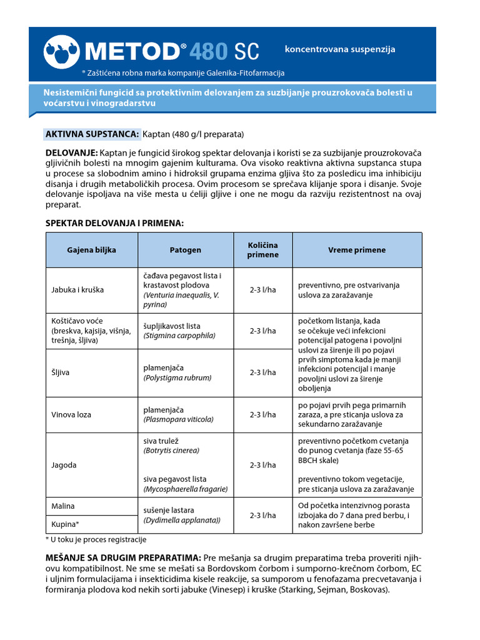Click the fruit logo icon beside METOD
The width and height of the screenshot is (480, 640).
coord(61,51)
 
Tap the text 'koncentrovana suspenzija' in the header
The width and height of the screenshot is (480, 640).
coord(340,49)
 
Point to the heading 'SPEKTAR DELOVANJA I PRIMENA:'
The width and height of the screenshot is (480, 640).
coord(114,223)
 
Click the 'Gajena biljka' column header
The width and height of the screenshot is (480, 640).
coord(91,250)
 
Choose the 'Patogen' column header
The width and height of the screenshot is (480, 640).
coord(186,250)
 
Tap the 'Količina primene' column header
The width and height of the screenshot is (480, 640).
coord(262,250)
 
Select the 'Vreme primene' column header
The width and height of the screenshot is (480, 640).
coord(357,250)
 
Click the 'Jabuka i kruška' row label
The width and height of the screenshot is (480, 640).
coord(77,290)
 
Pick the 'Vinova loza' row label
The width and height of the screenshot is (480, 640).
coord(71,414)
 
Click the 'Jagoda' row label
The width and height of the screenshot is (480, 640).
coord(64,465)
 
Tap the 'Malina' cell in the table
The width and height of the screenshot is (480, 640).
coord(62,506)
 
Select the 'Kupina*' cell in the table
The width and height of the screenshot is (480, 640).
coord(65,524)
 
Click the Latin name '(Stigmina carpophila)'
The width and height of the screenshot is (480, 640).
coord(179,336)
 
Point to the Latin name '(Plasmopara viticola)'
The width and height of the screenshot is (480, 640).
coord(178,419)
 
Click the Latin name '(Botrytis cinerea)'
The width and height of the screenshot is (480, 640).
coord(171,450)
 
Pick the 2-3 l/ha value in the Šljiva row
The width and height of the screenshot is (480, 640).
coord(262,372)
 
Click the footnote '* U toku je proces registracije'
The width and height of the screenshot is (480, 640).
coord(96,539)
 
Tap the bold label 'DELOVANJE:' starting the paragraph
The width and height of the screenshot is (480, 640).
coord(71,153)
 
